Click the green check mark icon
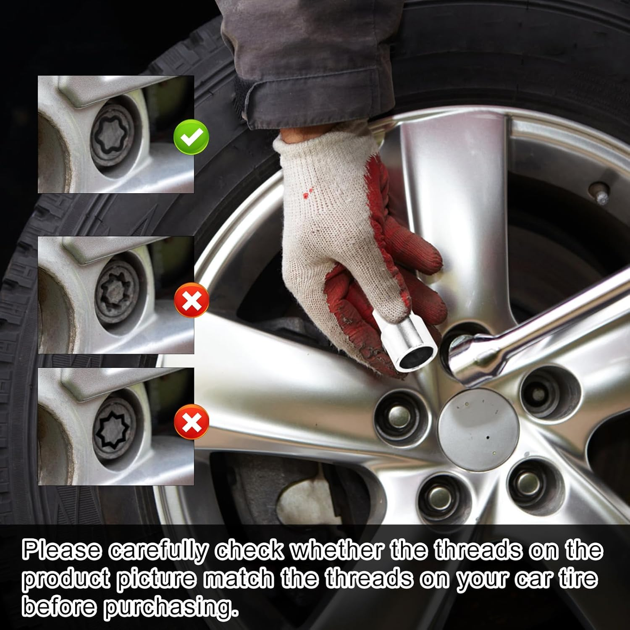coord(191,137)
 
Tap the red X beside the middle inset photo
coord(192,300)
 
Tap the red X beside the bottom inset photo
coord(192,422)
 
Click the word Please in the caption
coord(62,551)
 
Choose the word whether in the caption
coord(337,550)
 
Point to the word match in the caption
coord(239,579)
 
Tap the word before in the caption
coord(59,607)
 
